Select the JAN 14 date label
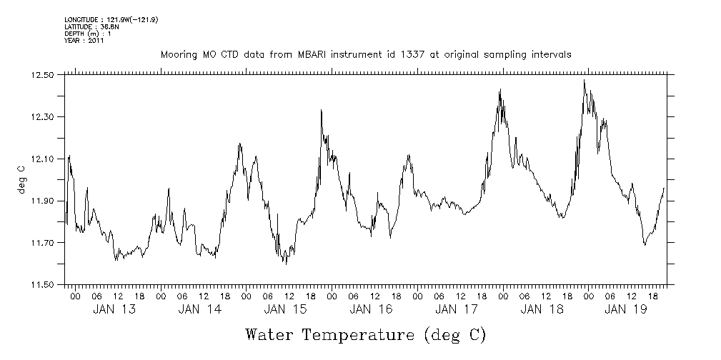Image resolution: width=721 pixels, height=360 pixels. click(x=199, y=309)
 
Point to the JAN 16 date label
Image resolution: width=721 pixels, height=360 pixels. click(x=371, y=309)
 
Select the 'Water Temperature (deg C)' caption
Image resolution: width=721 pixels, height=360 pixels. click(x=365, y=334)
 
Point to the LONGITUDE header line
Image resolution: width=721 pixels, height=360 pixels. click(x=111, y=20)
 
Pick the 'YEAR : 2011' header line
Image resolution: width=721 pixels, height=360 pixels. click(x=84, y=41)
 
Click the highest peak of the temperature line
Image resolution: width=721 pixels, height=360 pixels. click(x=584, y=80)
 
